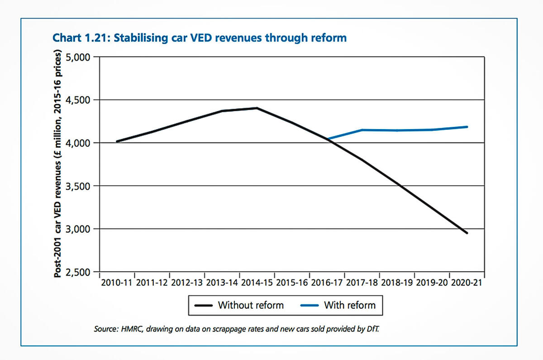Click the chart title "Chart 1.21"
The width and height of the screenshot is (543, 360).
[x=81, y=38]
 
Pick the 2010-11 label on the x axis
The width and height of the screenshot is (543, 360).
[x=116, y=283]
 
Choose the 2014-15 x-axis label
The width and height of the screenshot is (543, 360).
[x=257, y=283]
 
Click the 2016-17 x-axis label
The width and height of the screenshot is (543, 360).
[x=327, y=283]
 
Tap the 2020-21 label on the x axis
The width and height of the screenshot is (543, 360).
[x=467, y=283]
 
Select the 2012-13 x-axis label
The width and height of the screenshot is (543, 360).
[x=186, y=283]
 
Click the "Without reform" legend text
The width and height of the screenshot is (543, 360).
[x=251, y=305]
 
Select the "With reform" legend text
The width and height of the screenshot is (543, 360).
[x=350, y=305]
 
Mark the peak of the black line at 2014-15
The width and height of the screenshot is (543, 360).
[x=257, y=108]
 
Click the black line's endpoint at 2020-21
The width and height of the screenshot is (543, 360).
[x=467, y=233]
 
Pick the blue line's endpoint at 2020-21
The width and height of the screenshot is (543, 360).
[x=467, y=127]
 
